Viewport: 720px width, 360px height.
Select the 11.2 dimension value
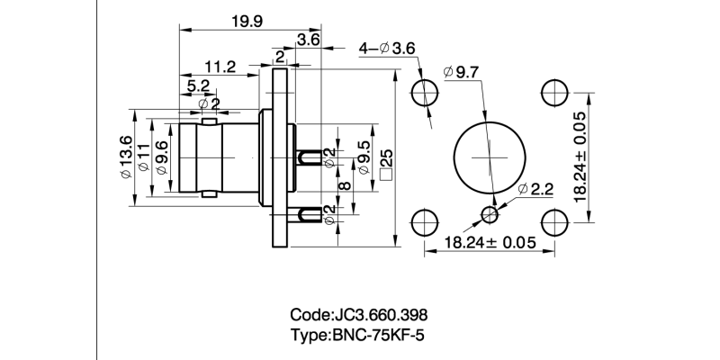pos(220,67)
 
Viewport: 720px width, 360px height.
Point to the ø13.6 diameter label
pos(127,157)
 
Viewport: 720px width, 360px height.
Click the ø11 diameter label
pos(144,157)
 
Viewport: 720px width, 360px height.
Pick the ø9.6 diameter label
pos(161,157)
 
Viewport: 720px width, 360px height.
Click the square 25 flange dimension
pos(386,164)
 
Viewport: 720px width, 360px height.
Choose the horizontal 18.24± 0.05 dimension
pos(490,243)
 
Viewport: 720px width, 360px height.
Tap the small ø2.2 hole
pos(490,213)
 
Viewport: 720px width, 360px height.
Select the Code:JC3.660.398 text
pos(358,316)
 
